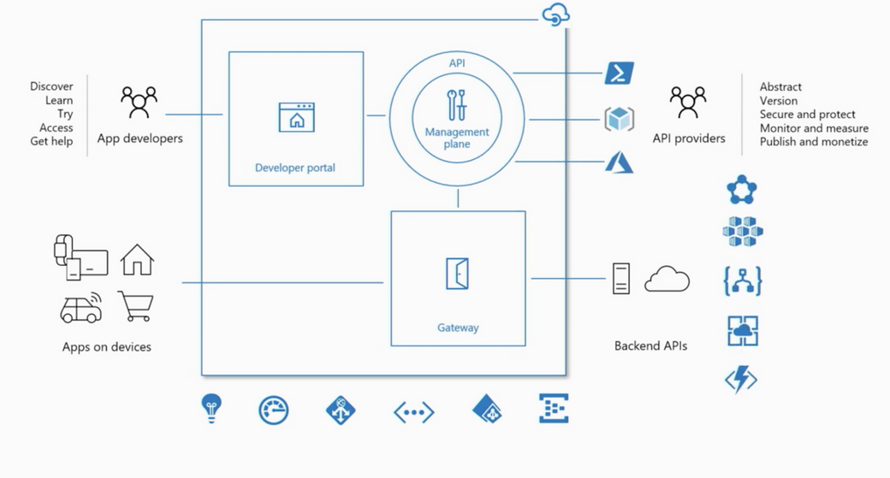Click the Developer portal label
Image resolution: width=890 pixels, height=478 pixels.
coord(295,168)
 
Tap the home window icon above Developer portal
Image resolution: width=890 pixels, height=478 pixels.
coord(296,118)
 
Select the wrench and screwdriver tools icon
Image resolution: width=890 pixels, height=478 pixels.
coord(457,104)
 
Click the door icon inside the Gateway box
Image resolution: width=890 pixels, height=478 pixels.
coord(458,274)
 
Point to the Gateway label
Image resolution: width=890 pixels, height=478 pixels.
coord(458,328)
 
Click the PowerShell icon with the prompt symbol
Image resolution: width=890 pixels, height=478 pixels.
coord(619,73)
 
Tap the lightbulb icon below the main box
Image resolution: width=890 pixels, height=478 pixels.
coord(211,408)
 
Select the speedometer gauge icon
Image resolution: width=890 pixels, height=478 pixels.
coord(274,410)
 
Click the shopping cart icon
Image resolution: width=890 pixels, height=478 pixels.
coord(136,305)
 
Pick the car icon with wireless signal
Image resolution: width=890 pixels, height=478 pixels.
coord(82,307)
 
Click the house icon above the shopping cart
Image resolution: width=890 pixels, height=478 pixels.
coord(137,259)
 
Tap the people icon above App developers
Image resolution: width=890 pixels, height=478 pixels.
coord(139,102)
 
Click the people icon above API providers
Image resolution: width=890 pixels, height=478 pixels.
coord(688,102)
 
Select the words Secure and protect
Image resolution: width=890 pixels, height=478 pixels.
coord(807,114)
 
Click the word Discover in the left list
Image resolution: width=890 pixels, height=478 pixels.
coord(51,86)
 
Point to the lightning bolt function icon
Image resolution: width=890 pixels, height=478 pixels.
coord(741,379)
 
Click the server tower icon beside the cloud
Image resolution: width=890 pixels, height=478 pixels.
coord(621,279)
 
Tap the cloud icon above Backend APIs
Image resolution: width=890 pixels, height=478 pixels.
coord(667,280)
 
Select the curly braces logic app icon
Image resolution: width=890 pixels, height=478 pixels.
coord(742,281)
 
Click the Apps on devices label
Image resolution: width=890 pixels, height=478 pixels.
coord(107,347)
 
